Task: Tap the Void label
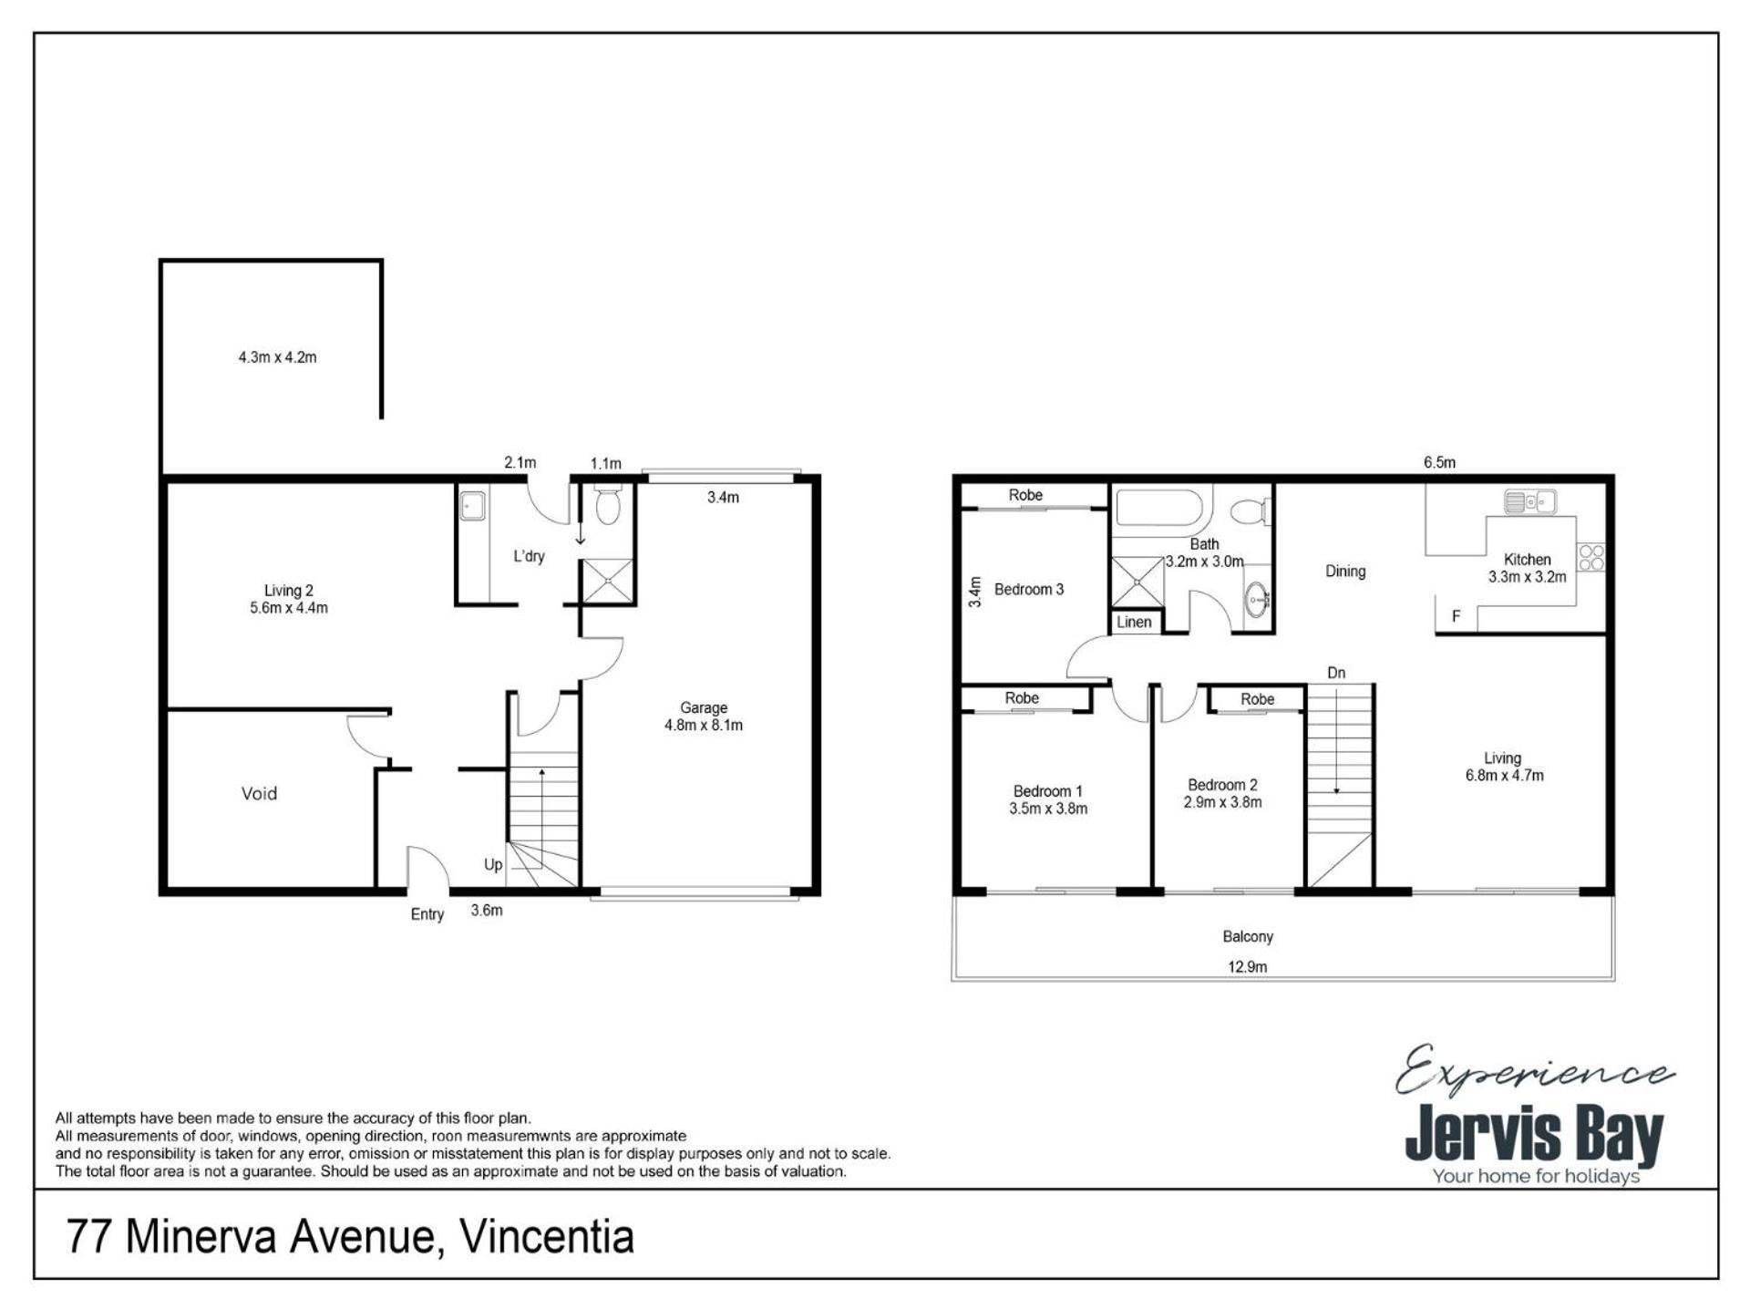pos(259,793)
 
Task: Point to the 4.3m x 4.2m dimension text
pos(277,357)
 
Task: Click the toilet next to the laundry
pos(607,504)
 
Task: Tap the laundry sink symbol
pos(472,505)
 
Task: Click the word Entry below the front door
pos(427,914)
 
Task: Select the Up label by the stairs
pos(493,864)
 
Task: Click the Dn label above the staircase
pos(1336,673)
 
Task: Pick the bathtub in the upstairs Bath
pos(1159,508)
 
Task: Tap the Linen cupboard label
pos(1134,622)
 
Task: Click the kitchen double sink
pos(1529,501)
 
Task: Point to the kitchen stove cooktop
pos(1591,557)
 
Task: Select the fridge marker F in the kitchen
pos(1457,616)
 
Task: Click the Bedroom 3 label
pos(1029,589)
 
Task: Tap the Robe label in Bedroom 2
pos(1257,699)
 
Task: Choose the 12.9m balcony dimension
pos(1247,966)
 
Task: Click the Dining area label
pos(1345,572)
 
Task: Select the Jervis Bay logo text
pos(1534,1135)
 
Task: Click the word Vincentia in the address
pos(547,1236)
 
